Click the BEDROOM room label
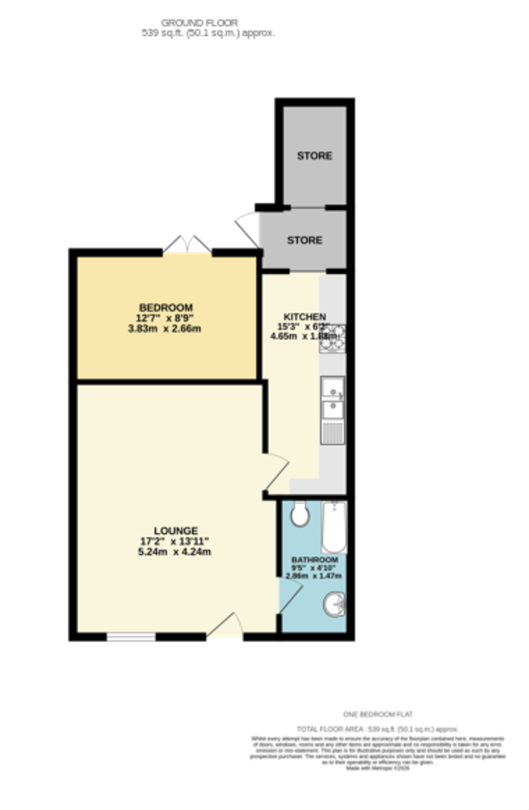click(x=166, y=308)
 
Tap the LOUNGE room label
click(x=175, y=531)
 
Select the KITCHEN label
click(x=304, y=317)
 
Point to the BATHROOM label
click(x=314, y=560)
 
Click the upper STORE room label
click(x=314, y=156)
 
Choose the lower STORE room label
click(x=304, y=240)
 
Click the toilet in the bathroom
click(x=300, y=516)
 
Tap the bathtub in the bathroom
click(x=333, y=526)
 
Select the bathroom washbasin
click(x=334, y=604)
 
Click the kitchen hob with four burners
click(x=333, y=339)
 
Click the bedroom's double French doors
click(x=188, y=244)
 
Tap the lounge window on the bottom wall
click(x=131, y=636)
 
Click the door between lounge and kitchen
click(x=277, y=473)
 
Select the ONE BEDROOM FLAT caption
click(x=378, y=714)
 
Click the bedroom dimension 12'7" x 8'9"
click(x=166, y=319)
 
